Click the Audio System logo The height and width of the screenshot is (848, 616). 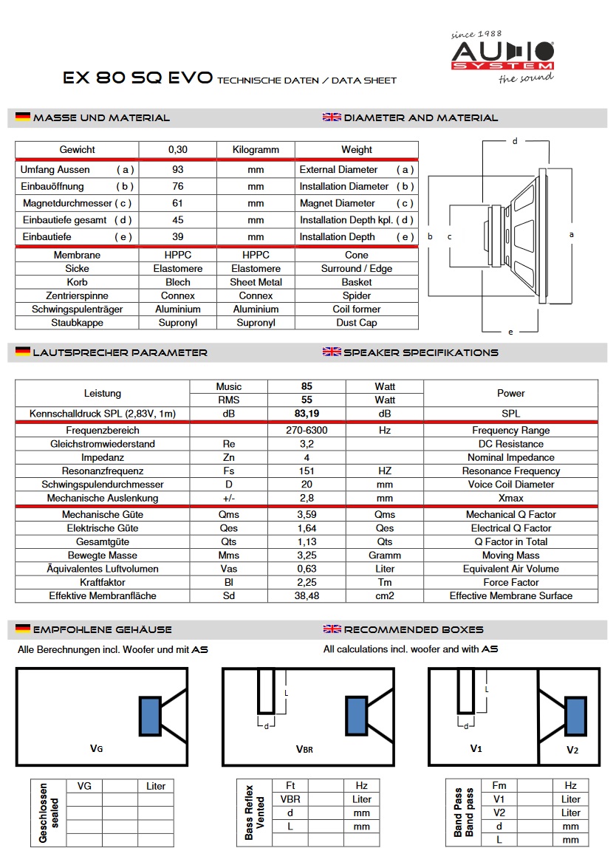(x=502, y=56)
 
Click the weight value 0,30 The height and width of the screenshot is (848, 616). (x=178, y=150)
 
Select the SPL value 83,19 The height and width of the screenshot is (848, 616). (x=307, y=414)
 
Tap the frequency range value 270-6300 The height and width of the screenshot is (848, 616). (x=307, y=431)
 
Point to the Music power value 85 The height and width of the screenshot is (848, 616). (x=307, y=386)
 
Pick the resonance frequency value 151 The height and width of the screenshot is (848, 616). (x=307, y=471)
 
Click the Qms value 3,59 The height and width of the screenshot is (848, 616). (x=307, y=515)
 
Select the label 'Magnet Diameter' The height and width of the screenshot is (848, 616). (x=338, y=203)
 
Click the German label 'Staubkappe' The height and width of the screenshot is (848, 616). (x=77, y=323)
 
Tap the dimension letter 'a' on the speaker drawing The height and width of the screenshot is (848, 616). (x=572, y=233)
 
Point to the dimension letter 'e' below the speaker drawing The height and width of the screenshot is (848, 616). (x=510, y=332)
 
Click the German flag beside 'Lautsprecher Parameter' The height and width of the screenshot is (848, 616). (x=23, y=352)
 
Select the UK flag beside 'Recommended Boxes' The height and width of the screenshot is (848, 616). (x=332, y=629)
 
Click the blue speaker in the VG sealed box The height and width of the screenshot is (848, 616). (x=150, y=716)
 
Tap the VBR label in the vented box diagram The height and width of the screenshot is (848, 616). (x=304, y=749)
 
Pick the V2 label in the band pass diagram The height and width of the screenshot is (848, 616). (x=572, y=750)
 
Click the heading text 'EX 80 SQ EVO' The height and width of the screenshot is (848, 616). (x=138, y=78)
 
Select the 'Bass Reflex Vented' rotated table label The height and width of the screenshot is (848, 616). (x=255, y=813)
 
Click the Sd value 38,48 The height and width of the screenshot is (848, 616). (x=307, y=596)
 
